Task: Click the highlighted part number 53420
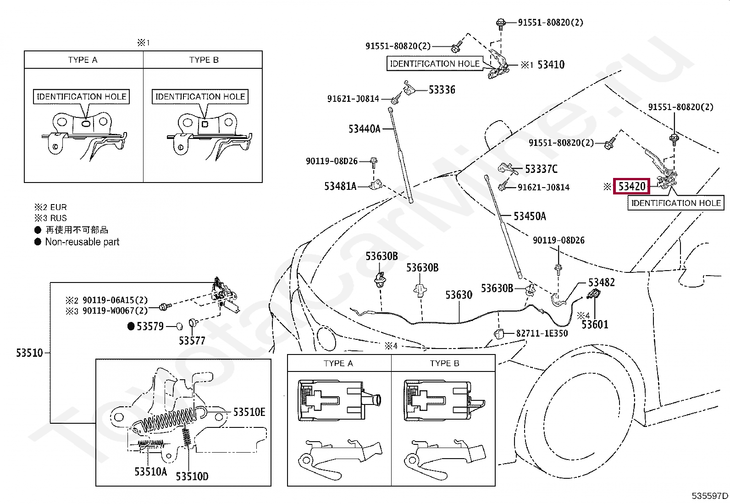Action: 631,186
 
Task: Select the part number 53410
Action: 551,65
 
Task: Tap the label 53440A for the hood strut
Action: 365,129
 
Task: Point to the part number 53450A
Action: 530,216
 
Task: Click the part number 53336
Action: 442,89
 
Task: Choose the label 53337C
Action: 541,169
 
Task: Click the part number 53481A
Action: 340,186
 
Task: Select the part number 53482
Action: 601,282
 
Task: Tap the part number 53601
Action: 595,324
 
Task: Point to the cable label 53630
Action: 459,295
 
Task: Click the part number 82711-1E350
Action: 542,333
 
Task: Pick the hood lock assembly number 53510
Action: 29,353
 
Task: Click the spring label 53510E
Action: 249,412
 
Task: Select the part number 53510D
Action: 192,476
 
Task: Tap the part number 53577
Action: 192,341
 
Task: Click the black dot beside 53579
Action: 131,327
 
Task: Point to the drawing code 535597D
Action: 710,496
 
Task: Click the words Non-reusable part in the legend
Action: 82,242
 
